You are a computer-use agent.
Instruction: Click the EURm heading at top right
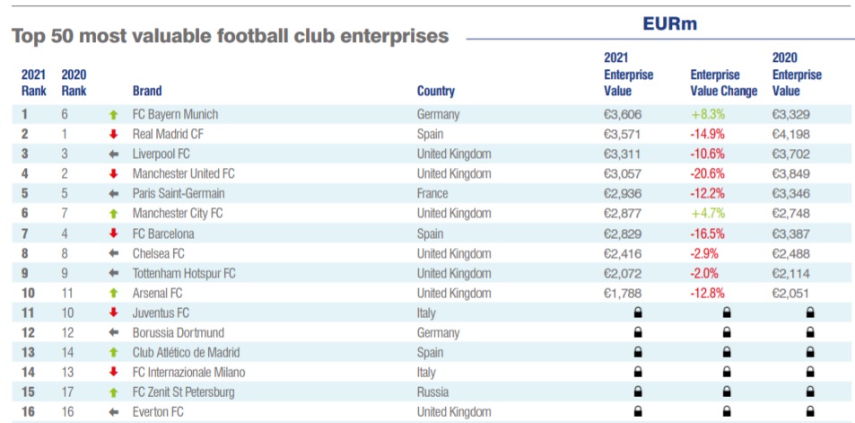(668, 24)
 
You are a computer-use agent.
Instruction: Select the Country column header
(436, 91)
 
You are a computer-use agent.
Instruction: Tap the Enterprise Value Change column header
(723, 83)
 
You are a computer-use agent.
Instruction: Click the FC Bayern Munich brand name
(175, 115)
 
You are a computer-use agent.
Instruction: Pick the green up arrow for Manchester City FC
(113, 214)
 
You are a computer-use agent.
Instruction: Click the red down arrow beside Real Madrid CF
(113, 135)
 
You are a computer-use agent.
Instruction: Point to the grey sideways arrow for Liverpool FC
(113, 154)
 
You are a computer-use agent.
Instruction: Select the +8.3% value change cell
(708, 115)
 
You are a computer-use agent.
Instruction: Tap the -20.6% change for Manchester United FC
(707, 174)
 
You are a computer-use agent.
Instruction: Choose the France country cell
(435, 194)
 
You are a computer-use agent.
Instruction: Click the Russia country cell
(434, 392)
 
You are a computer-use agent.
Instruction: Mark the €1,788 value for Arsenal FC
(623, 293)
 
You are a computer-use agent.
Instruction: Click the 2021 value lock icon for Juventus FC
(637, 313)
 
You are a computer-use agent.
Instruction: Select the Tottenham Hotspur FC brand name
(184, 273)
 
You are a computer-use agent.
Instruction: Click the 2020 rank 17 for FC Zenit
(68, 392)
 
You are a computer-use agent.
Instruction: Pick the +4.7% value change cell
(708, 214)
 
